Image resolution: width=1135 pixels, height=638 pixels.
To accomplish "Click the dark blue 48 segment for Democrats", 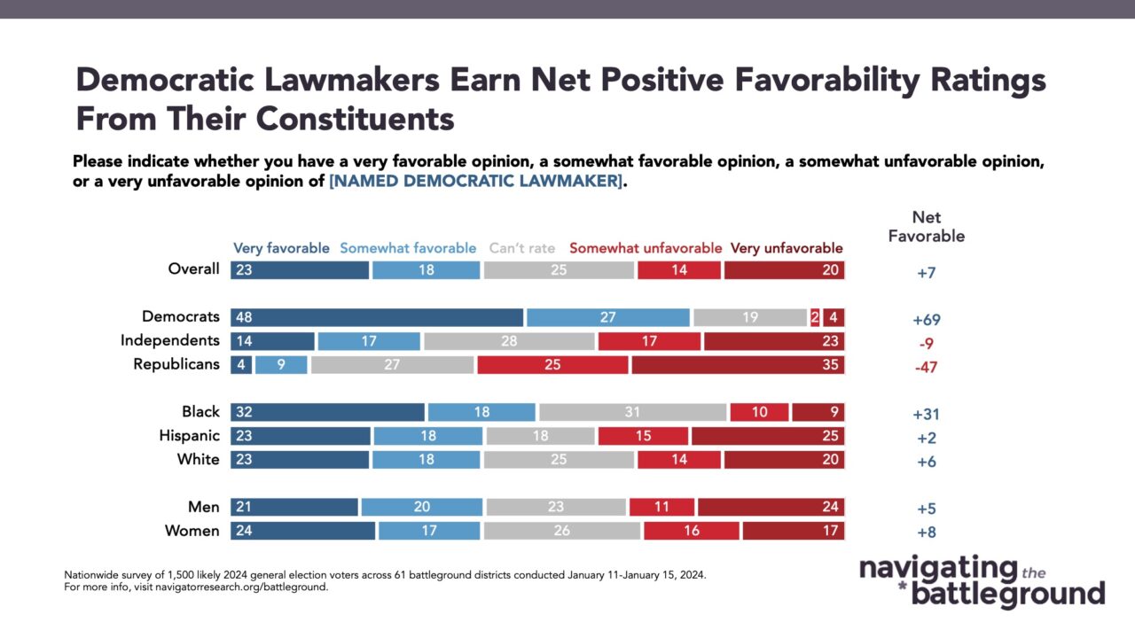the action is [377, 317].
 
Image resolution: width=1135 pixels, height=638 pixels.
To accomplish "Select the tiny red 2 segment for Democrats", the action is [815, 317].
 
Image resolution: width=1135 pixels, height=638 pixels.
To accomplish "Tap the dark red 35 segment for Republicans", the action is [739, 364].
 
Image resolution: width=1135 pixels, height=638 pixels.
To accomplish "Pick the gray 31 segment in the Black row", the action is [632, 412].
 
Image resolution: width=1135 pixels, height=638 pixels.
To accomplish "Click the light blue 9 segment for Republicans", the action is [281, 364].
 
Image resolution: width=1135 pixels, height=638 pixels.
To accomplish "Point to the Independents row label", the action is [169, 340].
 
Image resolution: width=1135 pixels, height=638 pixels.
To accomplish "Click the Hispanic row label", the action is [190, 435].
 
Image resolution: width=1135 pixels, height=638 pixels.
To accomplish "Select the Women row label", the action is [192, 531].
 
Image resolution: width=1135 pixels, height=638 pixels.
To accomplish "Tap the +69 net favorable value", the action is [927, 320].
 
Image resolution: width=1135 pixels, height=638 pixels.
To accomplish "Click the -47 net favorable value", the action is [927, 367].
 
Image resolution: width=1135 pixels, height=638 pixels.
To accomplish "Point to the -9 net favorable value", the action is [927, 344].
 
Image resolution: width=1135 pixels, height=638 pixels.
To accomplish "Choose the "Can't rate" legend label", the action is [522, 248].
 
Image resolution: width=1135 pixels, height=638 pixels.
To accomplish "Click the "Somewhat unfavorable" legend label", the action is [646, 248].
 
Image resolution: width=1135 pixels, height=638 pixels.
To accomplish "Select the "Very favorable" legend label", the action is [281, 249].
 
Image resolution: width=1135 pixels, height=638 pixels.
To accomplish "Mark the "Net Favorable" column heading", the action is [927, 227].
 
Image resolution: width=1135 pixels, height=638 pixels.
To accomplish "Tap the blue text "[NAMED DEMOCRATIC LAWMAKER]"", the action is [475, 181].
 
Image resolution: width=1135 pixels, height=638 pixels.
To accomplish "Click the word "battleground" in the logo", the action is [1008, 595].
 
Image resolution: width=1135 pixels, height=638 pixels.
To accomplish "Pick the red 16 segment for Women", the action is [692, 531].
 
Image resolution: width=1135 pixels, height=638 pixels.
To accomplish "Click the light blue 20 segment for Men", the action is [422, 507].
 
